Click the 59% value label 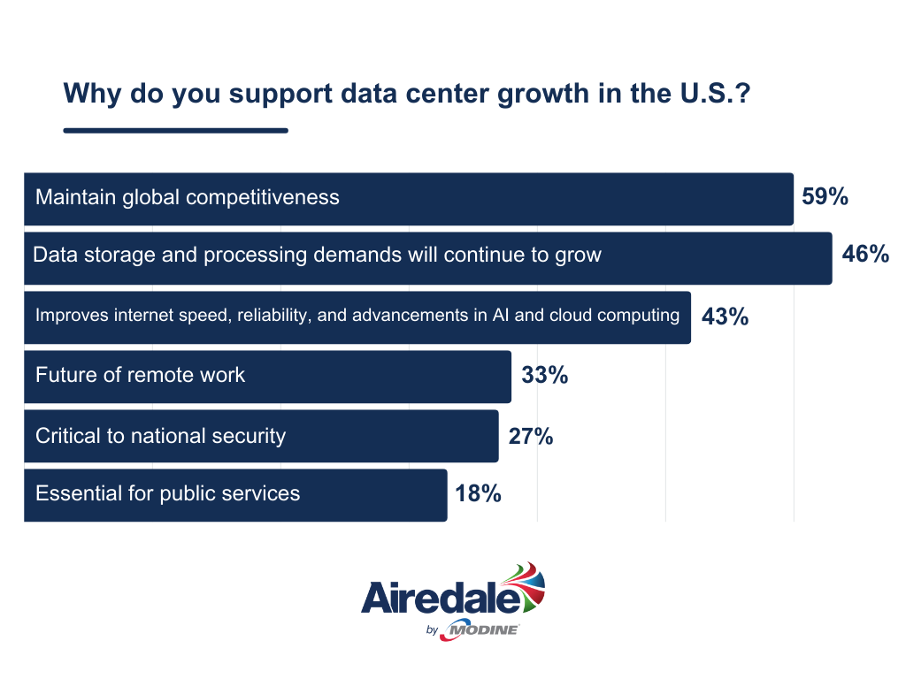coord(825,197)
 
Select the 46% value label coord(864,256)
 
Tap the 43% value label coord(725,316)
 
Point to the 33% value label coord(544,375)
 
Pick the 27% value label coord(531,435)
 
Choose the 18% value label coord(479,493)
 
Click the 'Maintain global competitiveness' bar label coord(187,197)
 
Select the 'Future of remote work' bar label coord(140,375)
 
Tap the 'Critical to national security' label coord(160,435)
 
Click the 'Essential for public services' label coord(167,493)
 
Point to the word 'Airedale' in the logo coord(439,599)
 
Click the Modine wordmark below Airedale coord(482,629)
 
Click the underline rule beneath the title coord(175,131)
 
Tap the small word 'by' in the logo coord(432,630)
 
